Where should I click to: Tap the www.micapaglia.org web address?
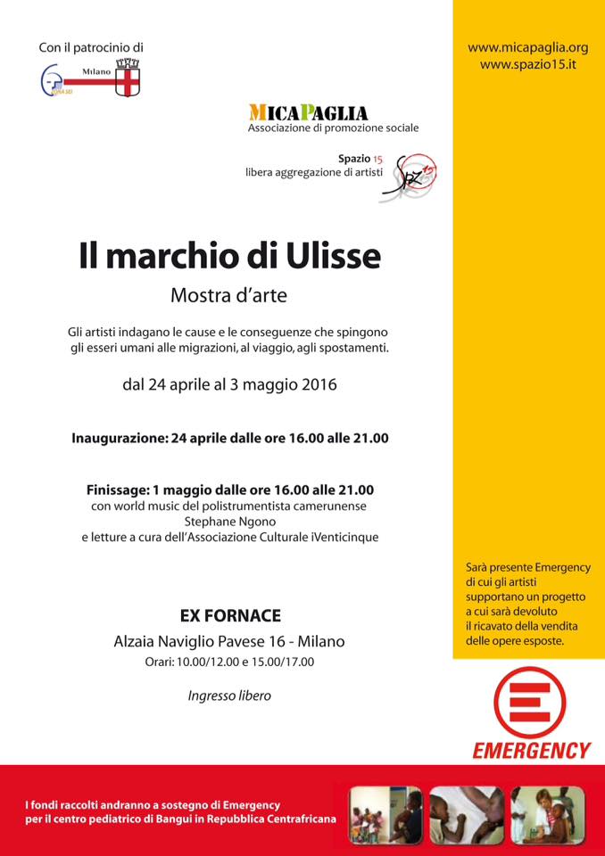[528, 47]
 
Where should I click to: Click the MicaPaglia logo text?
[308, 113]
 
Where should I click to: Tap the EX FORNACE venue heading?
[229, 615]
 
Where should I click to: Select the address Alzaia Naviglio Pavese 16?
[201, 641]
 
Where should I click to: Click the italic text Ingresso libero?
[229, 695]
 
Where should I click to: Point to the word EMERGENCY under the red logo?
[532, 750]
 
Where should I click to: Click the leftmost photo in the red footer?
[385, 815]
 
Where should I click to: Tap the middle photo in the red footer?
[466, 815]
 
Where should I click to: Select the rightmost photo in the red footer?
[548, 815]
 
